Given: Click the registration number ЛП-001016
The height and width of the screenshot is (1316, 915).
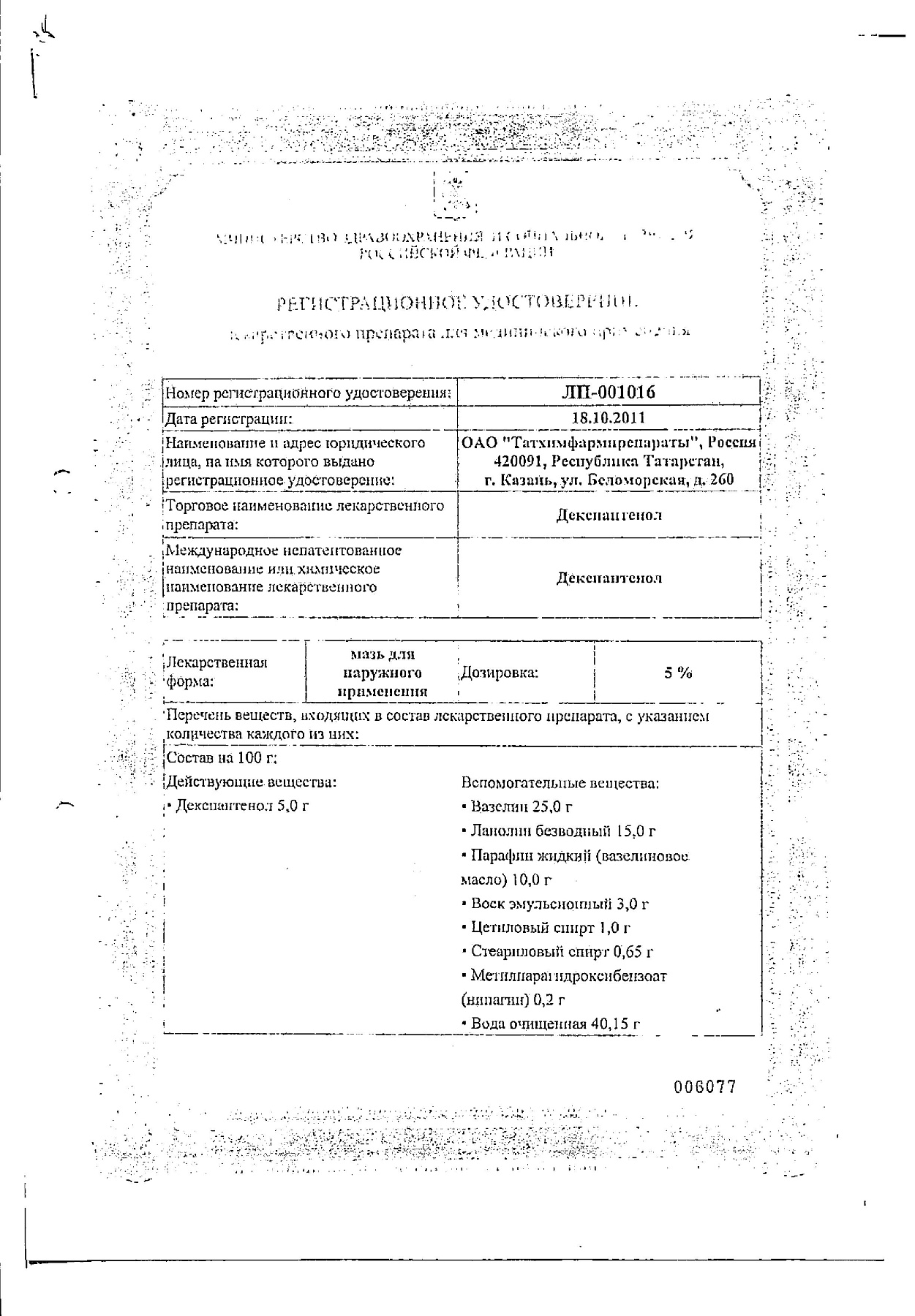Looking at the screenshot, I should pyautogui.click(x=607, y=392).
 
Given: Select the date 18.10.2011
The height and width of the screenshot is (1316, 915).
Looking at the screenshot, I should pyautogui.click(x=608, y=418).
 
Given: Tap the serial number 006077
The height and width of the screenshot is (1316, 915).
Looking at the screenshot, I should pyautogui.click(x=704, y=1086).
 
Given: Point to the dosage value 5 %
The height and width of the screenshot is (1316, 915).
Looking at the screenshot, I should pyautogui.click(x=678, y=673).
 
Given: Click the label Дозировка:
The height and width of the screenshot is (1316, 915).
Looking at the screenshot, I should pyautogui.click(x=499, y=673).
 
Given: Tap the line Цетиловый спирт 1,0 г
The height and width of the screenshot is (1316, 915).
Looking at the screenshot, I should pyautogui.click(x=547, y=927).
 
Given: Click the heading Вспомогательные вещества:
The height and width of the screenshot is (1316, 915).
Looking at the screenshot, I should pyautogui.click(x=560, y=783).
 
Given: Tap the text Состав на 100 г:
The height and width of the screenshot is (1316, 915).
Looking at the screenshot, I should pyautogui.click(x=222, y=758).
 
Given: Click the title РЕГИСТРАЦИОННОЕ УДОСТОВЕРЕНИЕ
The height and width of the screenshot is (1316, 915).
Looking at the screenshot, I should pyautogui.click(x=462, y=301).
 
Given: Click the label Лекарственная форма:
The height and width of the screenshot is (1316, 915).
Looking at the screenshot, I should pyautogui.click(x=217, y=671).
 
